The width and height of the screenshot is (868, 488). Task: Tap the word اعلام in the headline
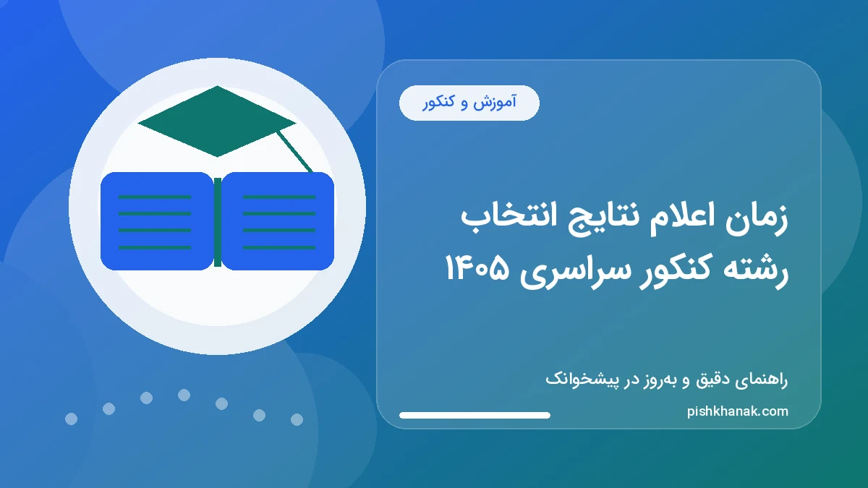676,221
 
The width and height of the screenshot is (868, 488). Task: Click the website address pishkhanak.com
737,411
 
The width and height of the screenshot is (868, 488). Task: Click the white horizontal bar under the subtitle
475,415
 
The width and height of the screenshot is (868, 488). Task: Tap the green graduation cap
216,121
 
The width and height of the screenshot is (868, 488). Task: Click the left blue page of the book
156,221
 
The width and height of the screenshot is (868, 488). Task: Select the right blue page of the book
278,221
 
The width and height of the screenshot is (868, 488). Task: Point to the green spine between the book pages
217,221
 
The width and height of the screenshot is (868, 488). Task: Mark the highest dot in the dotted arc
184,395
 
